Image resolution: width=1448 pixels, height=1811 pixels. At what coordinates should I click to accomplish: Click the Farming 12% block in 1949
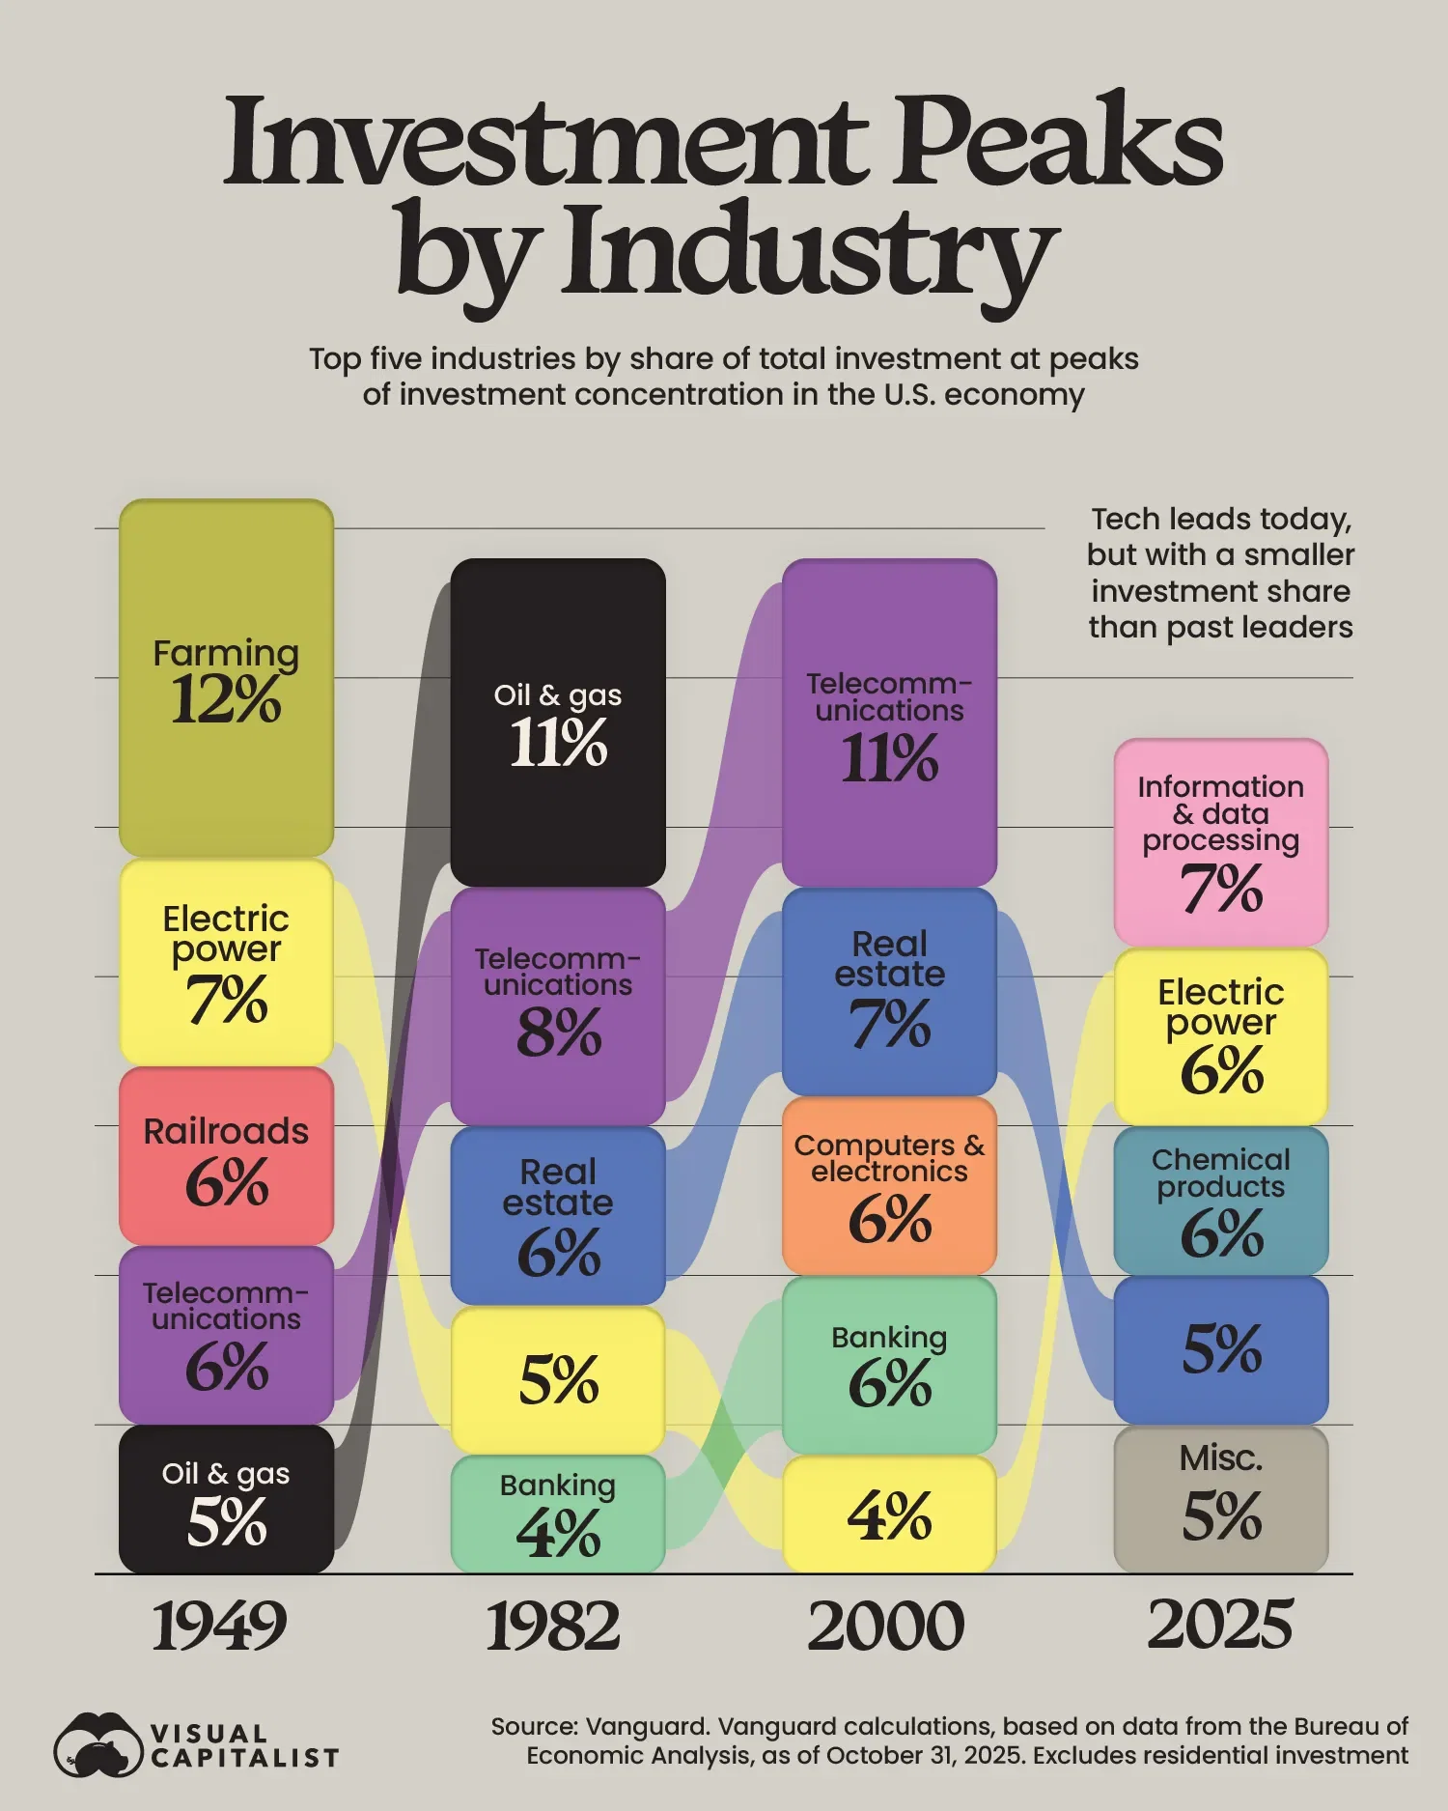[226, 677]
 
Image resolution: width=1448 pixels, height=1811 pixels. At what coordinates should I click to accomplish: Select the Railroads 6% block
[226, 1155]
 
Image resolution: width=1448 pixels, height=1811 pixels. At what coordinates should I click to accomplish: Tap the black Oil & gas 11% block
[558, 722]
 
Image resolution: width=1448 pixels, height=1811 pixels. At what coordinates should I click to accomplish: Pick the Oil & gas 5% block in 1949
[226, 1498]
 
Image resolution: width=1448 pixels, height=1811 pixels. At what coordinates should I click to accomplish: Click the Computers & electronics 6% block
[889, 1185]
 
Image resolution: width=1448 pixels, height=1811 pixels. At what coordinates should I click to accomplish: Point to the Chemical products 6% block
[1221, 1201]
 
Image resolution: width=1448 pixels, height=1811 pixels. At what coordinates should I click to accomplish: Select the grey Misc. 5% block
[1221, 1498]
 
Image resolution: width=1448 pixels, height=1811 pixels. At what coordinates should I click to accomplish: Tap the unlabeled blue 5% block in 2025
[1221, 1349]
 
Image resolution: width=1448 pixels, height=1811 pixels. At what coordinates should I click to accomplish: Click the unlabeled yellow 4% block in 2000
[889, 1514]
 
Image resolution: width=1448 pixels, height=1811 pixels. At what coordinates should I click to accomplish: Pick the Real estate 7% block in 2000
[889, 991]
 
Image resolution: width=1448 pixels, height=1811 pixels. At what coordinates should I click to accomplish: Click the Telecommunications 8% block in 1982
[558, 1005]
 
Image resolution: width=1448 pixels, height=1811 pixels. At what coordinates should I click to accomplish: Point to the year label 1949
[219, 1626]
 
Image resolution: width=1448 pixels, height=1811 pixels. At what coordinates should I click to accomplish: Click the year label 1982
[552, 1626]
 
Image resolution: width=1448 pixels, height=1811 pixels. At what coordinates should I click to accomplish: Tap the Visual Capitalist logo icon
[97, 1744]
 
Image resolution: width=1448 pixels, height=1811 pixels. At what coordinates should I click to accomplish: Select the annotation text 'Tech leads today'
[1221, 520]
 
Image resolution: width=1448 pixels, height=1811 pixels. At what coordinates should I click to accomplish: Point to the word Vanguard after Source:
[644, 1727]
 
